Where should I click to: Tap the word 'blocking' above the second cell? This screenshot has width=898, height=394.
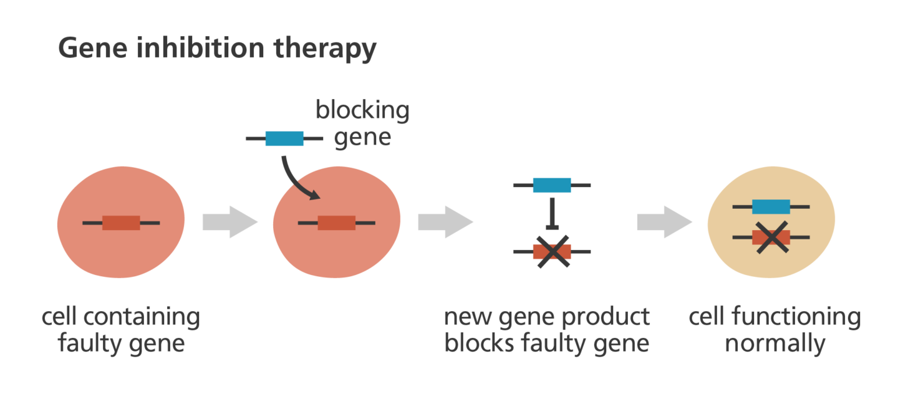click(x=362, y=111)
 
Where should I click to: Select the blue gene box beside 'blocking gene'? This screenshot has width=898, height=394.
click(x=284, y=138)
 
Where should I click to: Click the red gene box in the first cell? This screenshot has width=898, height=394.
click(x=121, y=223)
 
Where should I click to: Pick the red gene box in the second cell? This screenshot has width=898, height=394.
click(x=336, y=223)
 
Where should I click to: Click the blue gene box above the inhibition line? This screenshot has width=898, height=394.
click(x=551, y=185)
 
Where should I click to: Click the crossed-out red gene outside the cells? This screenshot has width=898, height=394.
click(x=551, y=251)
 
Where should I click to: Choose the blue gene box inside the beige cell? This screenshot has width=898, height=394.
click(x=771, y=206)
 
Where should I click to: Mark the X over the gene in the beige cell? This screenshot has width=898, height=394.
click(x=771, y=238)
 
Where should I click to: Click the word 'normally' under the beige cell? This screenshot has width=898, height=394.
click(x=775, y=344)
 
